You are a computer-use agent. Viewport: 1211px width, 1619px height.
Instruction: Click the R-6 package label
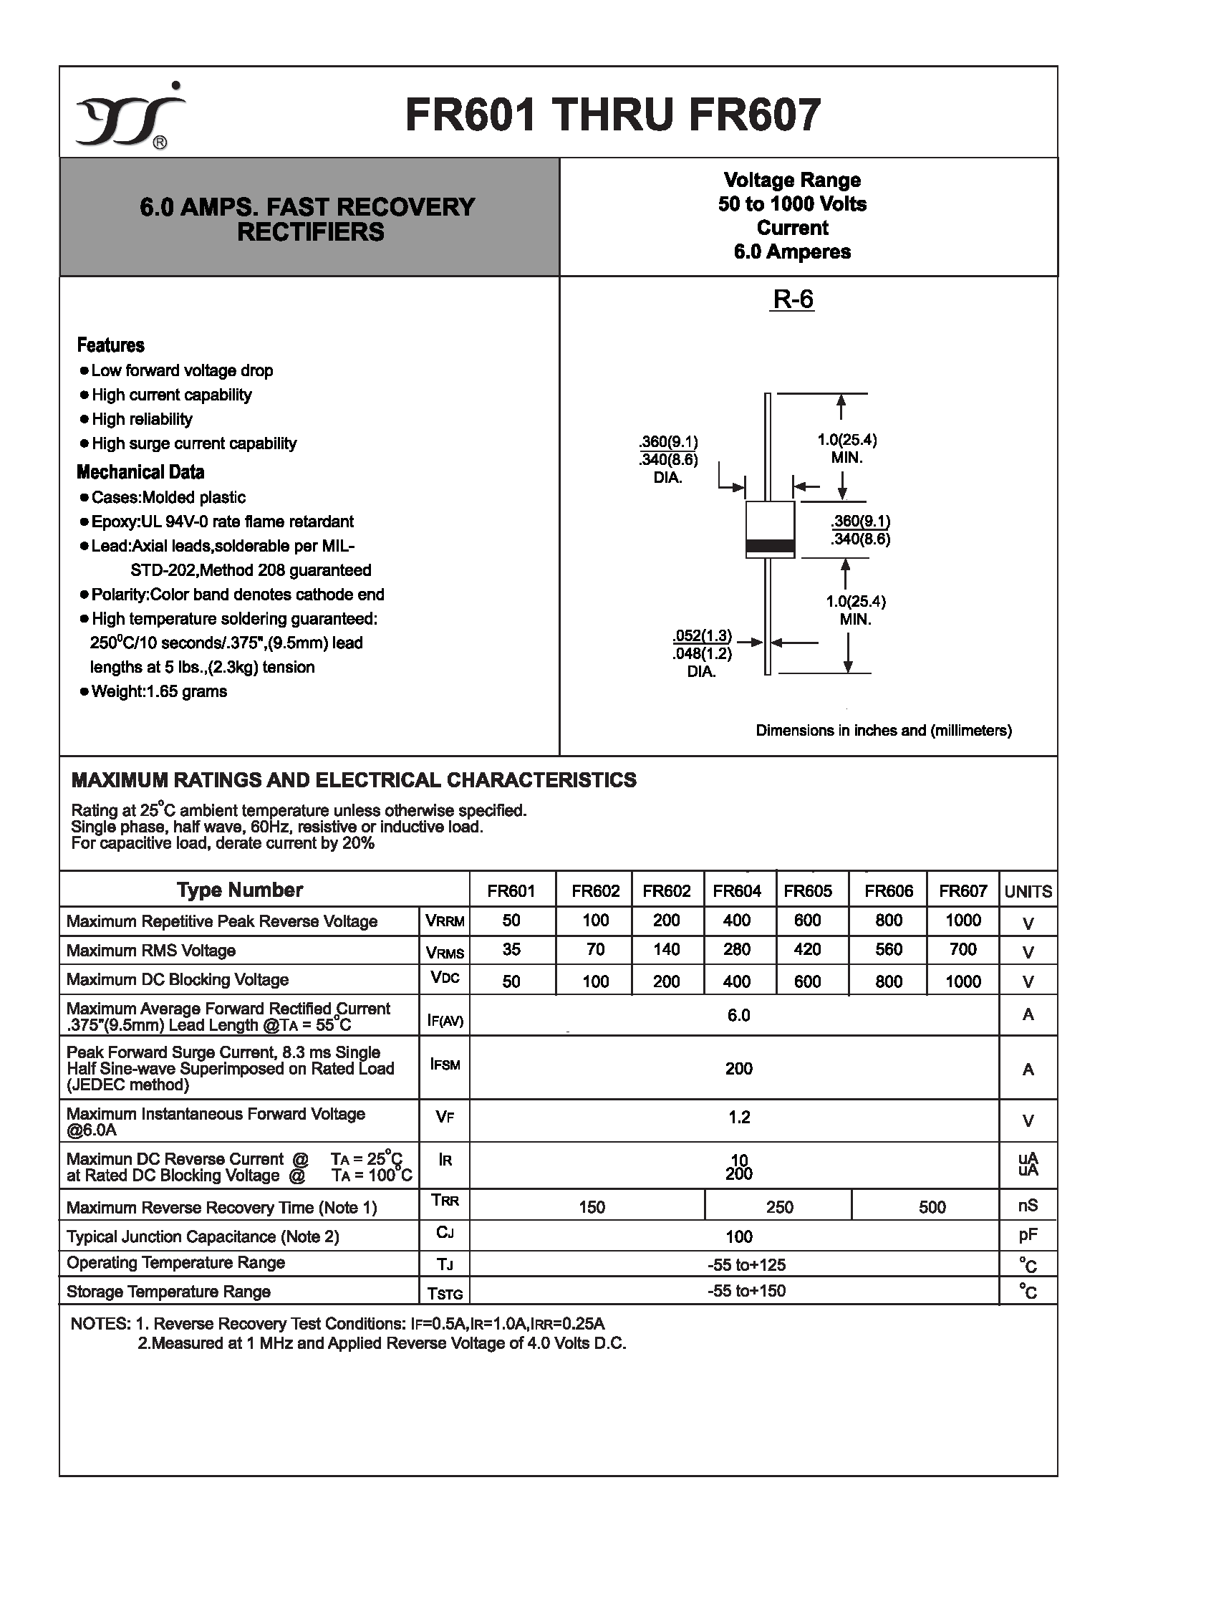pyautogui.click(x=793, y=299)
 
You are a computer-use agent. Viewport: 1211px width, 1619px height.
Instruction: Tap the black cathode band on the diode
pyautogui.click(x=770, y=546)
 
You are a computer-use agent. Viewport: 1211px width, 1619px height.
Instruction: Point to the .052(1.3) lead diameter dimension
pyautogui.click(x=702, y=635)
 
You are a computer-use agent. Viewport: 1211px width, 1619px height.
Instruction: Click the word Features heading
pyautogui.click(x=110, y=345)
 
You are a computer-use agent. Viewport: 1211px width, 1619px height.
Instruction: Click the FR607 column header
pyautogui.click(x=962, y=890)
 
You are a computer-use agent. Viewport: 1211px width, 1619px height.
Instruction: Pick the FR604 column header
pyautogui.click(x=737, y=890)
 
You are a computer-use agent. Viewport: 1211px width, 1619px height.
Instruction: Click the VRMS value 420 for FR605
pyautogui.click(x=807, y=949)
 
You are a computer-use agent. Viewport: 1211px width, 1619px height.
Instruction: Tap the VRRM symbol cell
pyautogui.click(x=444, y=921)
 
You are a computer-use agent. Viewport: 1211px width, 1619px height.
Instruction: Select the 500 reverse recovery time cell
pyautogui.click(x=932, y=1207)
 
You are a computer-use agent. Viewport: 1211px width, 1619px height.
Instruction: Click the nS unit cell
pyautogui.click(x=1028, y=1206)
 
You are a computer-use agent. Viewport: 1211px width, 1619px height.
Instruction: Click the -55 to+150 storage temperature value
pyautogui.click(x=746, y=1291)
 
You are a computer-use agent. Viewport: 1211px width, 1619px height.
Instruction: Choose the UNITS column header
pyautogui.click(x=1028, y=891)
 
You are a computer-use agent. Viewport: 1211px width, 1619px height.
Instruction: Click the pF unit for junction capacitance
pyautogui.click(x=1028, y=1236)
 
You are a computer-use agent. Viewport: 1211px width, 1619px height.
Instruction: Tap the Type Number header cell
pyautogui.click(x=239, y=890)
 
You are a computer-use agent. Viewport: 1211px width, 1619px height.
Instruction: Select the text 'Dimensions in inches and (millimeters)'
pyautogui.click(x=883, y=731)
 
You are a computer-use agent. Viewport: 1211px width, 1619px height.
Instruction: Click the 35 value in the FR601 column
pyautogui.click(x=511, y=949)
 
